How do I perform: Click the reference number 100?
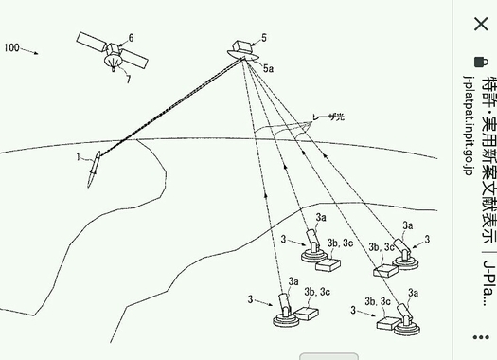[x=11, y=48]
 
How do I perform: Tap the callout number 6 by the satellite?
[x=131, y=38]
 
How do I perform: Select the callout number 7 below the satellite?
[x=128, y=80]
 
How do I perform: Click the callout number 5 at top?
[x=264, y=38]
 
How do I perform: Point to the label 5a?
[x=268, y=68]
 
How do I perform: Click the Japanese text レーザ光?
[x=328, y=117]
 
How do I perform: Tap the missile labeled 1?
[x=94, y=169]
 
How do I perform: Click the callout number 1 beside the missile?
[x=79, y=156]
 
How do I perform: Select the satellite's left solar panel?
[x=92, y=43]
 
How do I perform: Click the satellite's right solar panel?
[x=134, y=59]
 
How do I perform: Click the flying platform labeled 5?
[x=243, y=51]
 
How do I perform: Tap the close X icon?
[x=481, y=24]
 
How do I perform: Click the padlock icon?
[x=481, y=62]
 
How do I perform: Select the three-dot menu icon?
[x=481, y=337]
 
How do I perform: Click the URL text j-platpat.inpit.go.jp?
[x=468, y=125]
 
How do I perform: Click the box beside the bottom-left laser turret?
[x=306, y=313]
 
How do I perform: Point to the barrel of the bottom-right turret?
[x=405, y=312]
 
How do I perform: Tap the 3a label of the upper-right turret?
[x=408, y=225]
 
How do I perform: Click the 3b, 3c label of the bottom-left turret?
[x=317, y=292]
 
